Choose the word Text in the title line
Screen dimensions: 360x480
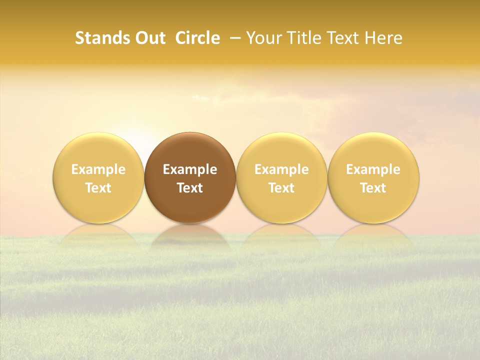[341, 38]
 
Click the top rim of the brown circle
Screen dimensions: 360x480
[190, 134]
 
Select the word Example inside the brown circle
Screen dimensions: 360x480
[190, 169]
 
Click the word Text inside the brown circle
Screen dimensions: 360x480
[190, 188]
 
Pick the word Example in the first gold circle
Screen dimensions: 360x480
[98, 169]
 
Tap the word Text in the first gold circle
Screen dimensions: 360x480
[98, 188]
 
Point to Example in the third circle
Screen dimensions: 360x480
[281, 169]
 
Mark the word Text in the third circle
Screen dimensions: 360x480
[281, 188]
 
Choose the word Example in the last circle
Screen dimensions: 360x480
[373, 169]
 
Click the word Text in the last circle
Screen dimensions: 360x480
[373, 188]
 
